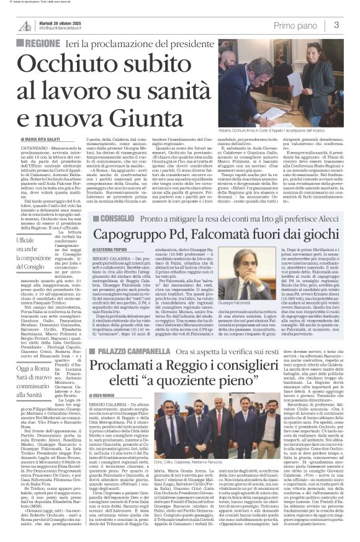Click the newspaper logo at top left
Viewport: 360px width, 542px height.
tap(23, 24)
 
